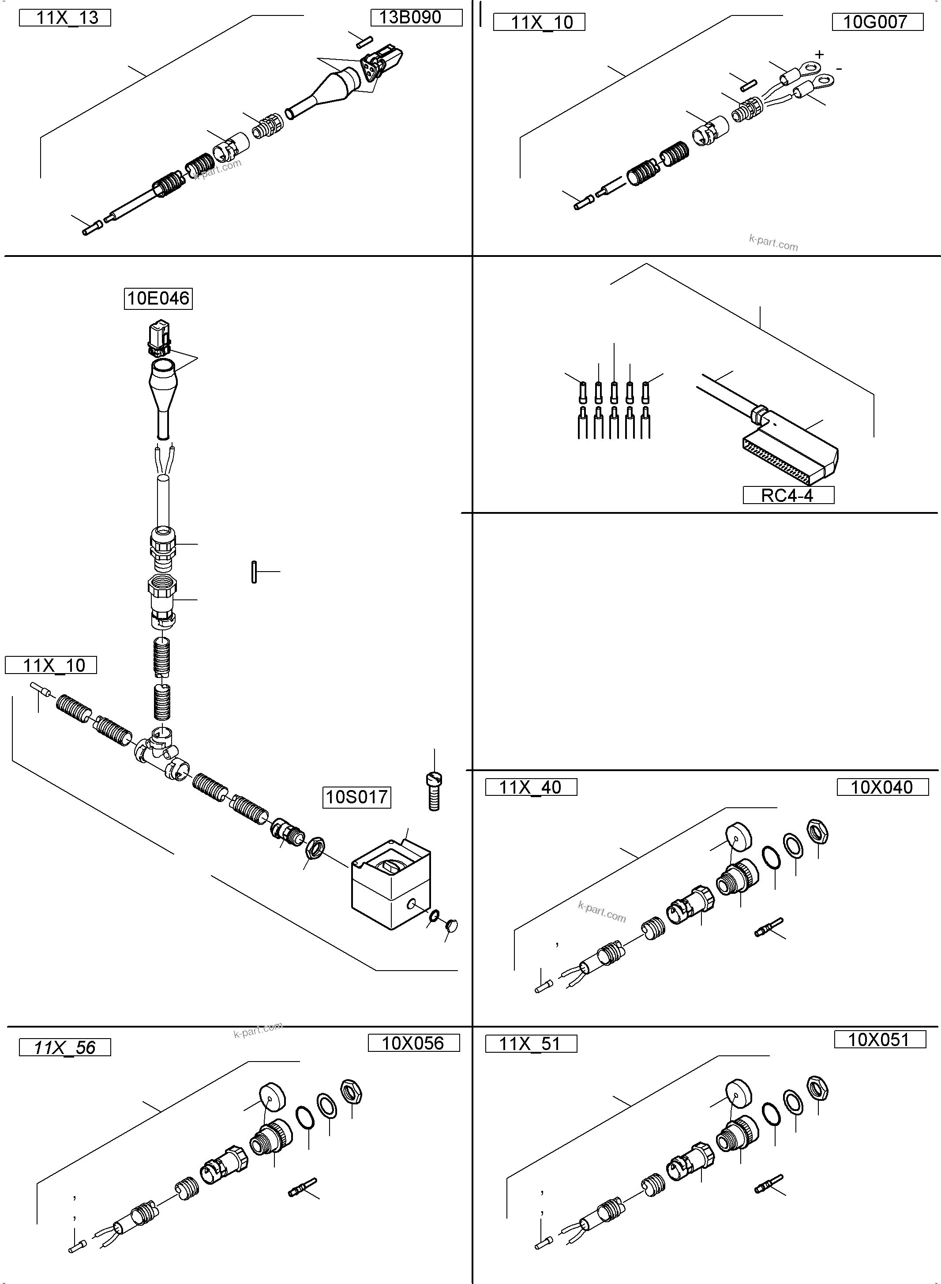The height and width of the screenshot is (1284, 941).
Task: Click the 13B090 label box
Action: [416, 18]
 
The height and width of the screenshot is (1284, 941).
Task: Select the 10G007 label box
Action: [877, 22]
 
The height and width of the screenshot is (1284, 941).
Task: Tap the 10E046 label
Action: [158, 298]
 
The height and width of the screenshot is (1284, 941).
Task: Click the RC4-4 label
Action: [788, 495]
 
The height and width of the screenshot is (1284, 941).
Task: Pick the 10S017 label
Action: [356, 797]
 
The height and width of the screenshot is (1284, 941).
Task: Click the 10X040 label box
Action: [882, 787]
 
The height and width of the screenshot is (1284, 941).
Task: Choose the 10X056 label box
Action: [413, 1043]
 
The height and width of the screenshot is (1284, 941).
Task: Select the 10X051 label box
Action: [879, 1039]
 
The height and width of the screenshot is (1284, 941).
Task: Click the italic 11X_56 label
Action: [65, 1047]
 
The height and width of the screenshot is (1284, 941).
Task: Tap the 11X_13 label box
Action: [65, 18]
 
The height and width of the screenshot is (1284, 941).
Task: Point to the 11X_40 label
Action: [530, 787]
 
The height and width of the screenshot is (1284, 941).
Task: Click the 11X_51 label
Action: [530, 1043]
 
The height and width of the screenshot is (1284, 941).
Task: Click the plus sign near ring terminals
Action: [819, 55]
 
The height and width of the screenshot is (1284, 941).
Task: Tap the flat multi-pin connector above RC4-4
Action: [789, 456]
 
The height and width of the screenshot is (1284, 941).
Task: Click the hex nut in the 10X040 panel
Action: [817, 832]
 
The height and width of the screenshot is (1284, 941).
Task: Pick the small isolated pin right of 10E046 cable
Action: [254, 572]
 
